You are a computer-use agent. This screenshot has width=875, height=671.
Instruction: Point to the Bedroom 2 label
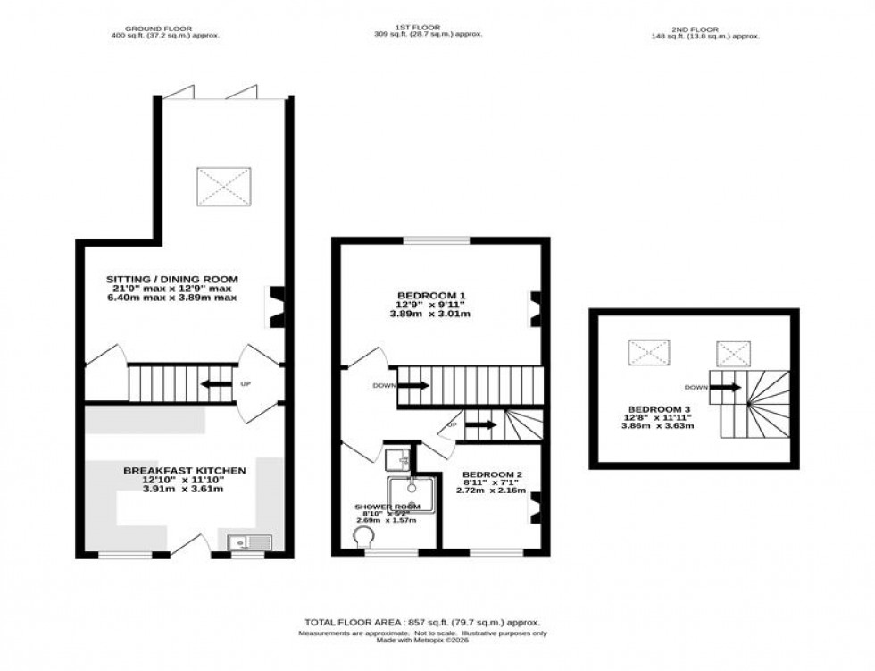(487, 474)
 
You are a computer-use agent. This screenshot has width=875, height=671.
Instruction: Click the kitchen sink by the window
(241, 541)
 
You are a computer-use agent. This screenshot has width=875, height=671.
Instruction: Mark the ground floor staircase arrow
(215, 384)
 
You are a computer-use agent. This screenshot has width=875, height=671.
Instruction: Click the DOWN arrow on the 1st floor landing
(412, 386)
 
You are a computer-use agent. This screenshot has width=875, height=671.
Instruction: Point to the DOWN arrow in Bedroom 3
(726, 387)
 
